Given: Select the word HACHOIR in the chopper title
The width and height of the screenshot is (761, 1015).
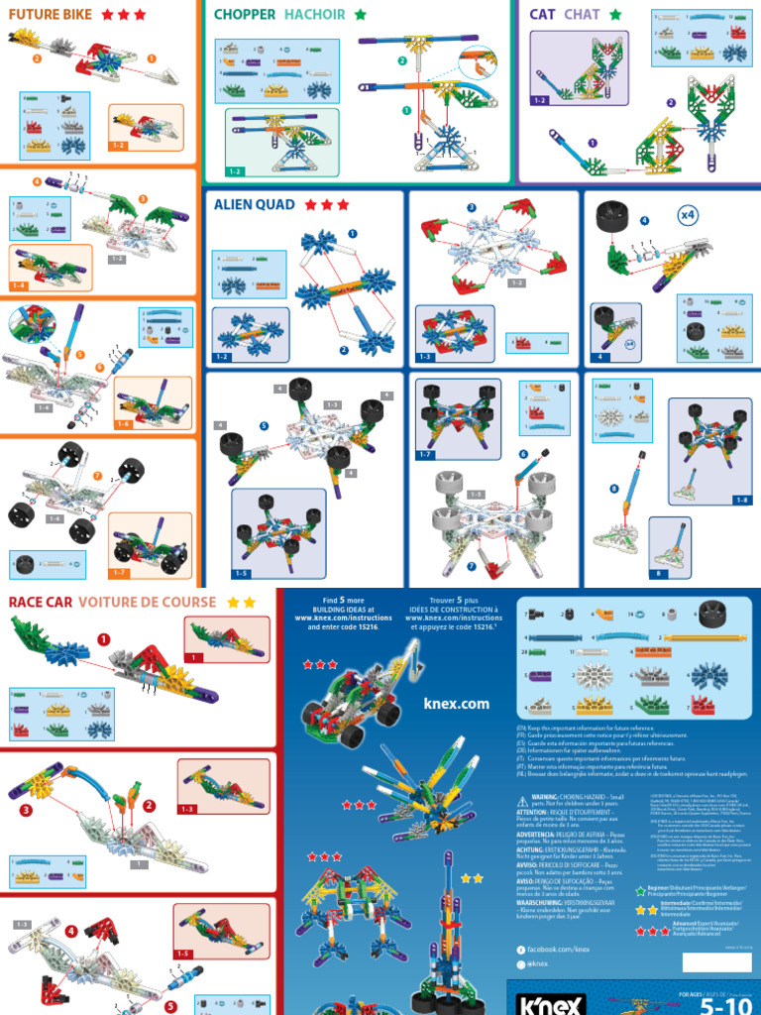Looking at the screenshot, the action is click(314, 15).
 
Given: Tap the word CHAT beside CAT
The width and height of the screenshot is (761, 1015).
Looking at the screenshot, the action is click(581, 15).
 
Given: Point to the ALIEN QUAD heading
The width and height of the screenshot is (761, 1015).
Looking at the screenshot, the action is click(254, 205).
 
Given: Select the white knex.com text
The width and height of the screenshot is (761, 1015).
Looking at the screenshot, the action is click(457, 704).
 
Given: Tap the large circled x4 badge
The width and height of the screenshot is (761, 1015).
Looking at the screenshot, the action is click(688, 213).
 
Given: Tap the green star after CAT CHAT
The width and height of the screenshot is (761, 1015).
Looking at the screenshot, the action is click(615, 15).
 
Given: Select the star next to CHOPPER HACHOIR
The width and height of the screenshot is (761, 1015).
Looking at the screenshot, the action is click(360, 15).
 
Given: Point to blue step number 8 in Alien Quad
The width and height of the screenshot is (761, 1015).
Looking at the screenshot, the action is click(614, 488).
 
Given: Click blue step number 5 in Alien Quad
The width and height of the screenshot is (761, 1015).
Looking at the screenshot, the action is click(264, 426).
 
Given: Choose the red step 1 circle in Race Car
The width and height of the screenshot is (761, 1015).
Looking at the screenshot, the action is click(104, 639).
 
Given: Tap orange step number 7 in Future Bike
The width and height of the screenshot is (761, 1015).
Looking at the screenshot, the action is click(97, 476).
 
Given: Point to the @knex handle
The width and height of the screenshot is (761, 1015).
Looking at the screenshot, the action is click(539, 963).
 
